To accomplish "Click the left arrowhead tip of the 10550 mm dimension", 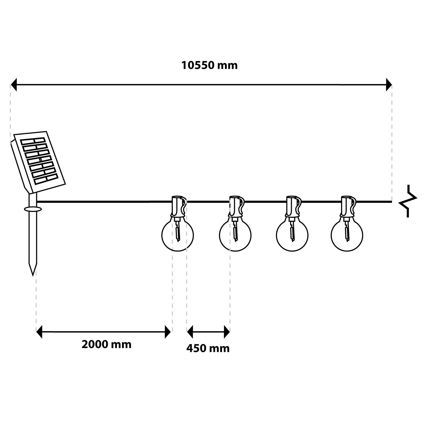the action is (x=11, y=85).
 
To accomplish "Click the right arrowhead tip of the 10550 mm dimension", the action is (x=392, y=85).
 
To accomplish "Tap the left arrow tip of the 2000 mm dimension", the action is (x=36, y=332).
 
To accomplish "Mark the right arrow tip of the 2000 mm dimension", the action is (x=171, y=332).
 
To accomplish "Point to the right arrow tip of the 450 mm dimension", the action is (x=230, y=332).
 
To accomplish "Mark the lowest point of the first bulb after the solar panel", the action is (x=177, y=251).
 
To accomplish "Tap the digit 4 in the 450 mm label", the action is (x=189, y=348).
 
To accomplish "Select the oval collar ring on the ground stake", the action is (x=33, y=209).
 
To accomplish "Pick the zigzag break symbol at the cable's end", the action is (x=408, y=201).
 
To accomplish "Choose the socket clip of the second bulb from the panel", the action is (x=236, y=207).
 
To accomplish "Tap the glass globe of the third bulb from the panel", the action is (x=292, y=236).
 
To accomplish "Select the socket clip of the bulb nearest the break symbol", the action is (x=348, y=207).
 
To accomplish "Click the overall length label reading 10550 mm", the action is (x=209, y=65).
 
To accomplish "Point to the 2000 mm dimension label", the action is (x=106, y=345).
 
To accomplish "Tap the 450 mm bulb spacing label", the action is (x=208, y=348).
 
